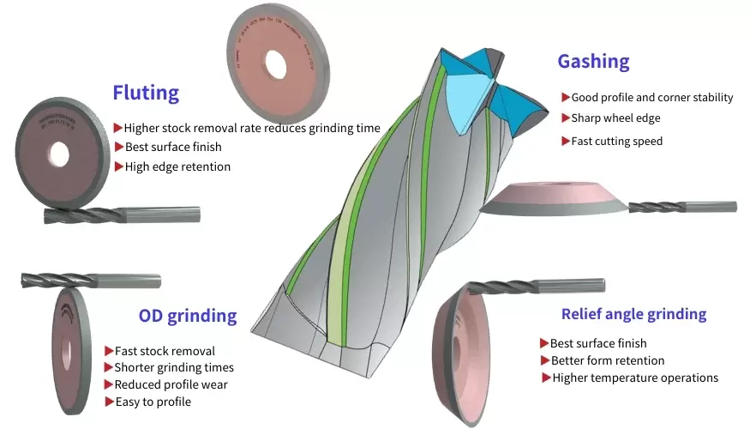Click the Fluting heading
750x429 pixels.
146,93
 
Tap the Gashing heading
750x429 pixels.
593,62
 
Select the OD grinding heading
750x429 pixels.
188,316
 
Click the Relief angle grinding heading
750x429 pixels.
633,314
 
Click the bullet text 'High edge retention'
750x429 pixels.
177,166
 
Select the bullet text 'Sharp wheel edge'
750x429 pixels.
615,118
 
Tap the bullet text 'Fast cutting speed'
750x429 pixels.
616,141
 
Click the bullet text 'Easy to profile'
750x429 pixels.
153,402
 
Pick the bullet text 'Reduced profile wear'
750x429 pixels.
171,384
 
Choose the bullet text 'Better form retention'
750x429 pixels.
607,360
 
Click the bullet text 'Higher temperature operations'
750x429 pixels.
634,378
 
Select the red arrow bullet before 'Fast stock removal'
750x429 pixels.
109,351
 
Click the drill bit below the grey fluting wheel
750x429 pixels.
120,215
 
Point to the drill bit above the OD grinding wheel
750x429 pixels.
90,280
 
